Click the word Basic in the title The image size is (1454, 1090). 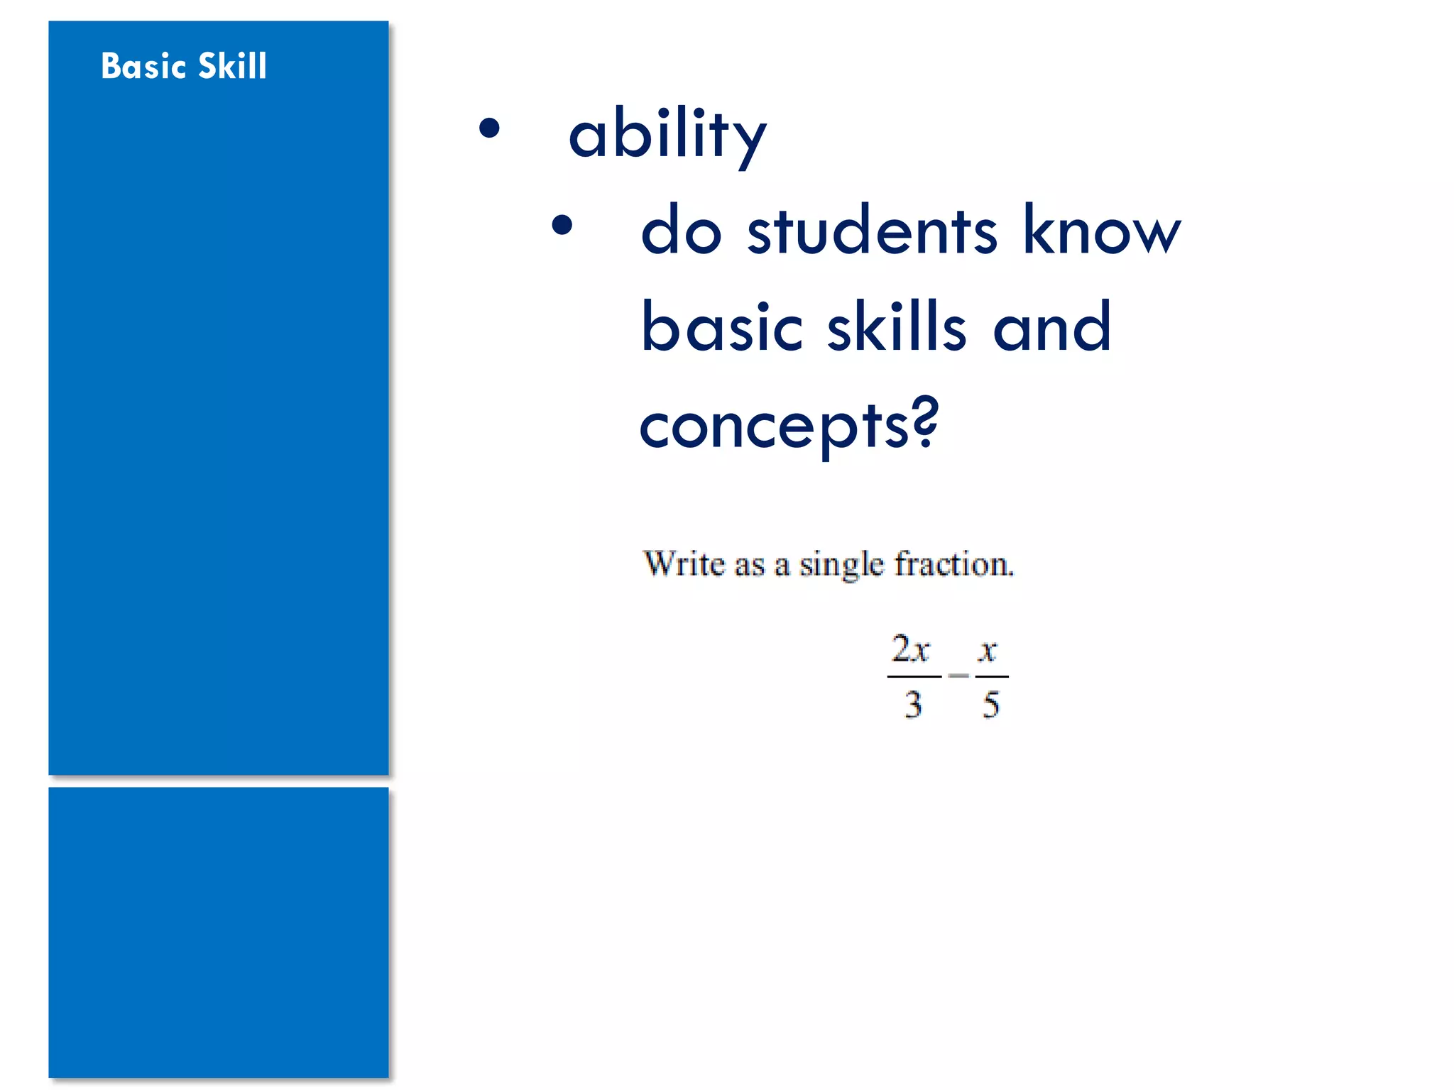[x=143, y=66]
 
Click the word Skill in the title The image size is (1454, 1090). [x=232, y=66]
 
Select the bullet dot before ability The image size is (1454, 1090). [x=489, y=128]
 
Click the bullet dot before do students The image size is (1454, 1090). [x=562, y=225]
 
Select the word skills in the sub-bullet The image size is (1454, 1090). [x=897, y=327]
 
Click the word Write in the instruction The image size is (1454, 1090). [x=684, y=564]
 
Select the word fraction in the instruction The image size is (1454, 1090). [x=953, y=564]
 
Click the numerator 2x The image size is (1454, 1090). [x=911, y=649]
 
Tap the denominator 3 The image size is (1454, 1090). [x=913, y=705]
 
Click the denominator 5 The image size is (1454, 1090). [x=991, y=705]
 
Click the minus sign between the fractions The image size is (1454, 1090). [x=958, y=676]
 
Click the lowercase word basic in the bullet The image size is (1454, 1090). [x=721, y=327]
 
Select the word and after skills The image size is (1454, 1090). [x=1051, y=327]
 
